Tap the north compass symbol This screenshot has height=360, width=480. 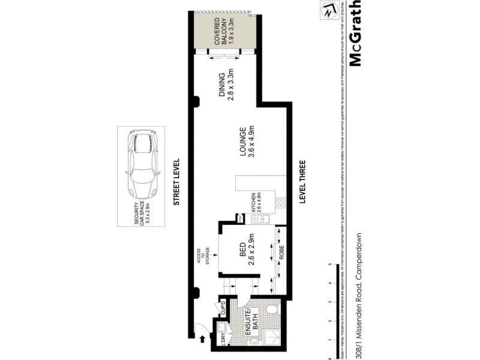click(x=328, y=11)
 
